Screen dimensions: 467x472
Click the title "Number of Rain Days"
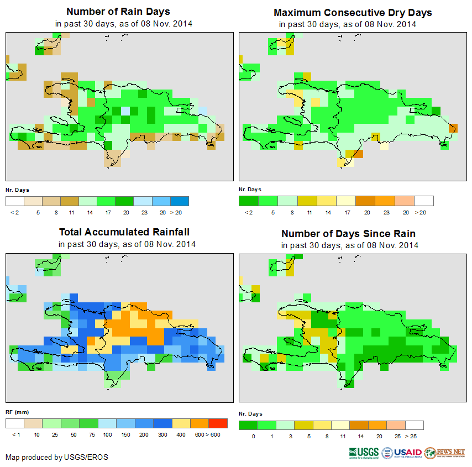pos(118,12)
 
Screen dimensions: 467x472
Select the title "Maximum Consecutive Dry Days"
pos(353,12)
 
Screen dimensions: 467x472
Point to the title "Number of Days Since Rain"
pos(348,233)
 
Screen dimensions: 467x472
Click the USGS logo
pos(364,453)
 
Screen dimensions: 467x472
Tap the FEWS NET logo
pos(445,453)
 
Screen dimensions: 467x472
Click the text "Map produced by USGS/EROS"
pos(57,457)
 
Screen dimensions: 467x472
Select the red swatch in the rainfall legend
pos(218,423)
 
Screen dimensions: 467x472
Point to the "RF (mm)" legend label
pos(17,412)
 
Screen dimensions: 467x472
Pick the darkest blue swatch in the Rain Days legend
pos(180,201)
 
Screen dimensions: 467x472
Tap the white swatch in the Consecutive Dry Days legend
pos(424,201)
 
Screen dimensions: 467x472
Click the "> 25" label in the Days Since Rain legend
pos(412,436)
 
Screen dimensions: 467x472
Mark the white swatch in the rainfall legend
pos(14,423)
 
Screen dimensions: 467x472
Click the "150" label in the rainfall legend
pos(126,435)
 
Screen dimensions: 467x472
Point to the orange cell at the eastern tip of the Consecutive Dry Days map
pos(453,128)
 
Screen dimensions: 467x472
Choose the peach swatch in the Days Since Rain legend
pos(395,425)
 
